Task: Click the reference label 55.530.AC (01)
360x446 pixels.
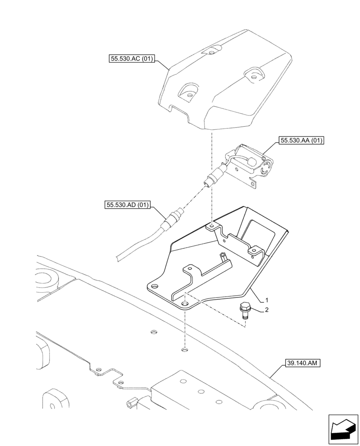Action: (131, 58)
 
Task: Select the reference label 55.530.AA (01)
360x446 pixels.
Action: (301, 141)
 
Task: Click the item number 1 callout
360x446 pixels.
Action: (266, 299)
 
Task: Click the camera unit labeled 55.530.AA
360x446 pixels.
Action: (250, 163)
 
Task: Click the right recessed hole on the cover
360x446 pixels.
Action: (254, 76)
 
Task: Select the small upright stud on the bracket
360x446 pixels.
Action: (223, 257)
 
